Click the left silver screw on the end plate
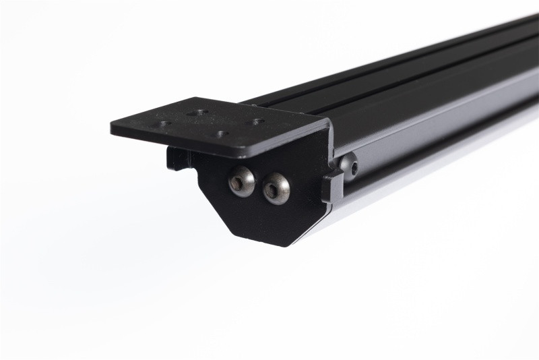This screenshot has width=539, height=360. (x=242, y=181)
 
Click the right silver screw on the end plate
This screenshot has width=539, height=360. (x=275, y=188)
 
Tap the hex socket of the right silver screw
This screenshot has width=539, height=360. (x=273, y=190)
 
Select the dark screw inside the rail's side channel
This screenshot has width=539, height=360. (x=348, y=164)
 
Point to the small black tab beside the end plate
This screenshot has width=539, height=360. (x=332, y=187)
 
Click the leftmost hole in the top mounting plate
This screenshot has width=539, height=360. (x=164, y=123)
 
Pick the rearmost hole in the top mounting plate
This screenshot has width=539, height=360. (x=197, y=112)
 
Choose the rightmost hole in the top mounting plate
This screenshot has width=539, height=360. (x=257, y=122)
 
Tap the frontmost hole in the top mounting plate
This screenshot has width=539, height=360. (x=221, y=133)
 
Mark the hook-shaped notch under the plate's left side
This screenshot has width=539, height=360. (x=177, y=159)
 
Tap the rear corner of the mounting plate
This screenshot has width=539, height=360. (x=198, y=98)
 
